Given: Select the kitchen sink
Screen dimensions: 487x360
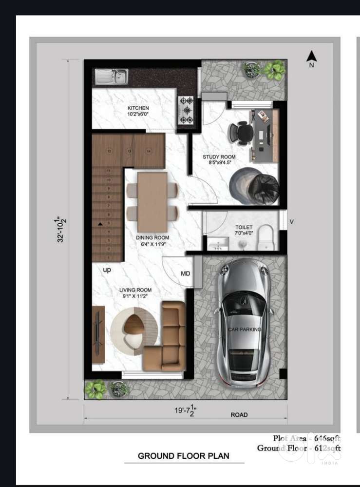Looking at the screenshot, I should click(112, 76).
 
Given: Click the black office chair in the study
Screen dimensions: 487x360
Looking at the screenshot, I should click(242, 132).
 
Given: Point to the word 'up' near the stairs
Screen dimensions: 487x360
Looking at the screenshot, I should click(107, 270).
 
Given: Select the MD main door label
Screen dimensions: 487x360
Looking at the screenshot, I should click(186, 274).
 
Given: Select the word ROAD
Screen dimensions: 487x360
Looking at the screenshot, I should click(239, 415).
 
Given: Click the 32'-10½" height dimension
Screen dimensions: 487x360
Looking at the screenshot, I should click(60, 229).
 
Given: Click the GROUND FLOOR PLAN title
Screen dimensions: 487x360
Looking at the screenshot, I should click(183, 456).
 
